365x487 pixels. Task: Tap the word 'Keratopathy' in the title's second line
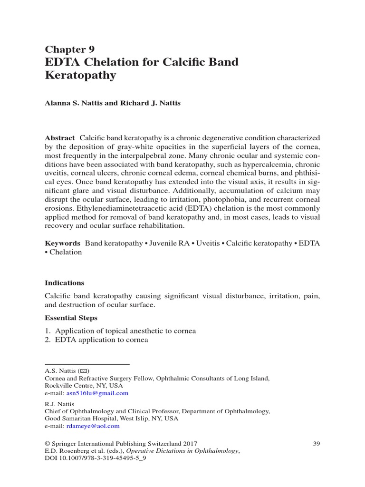[x=80, y=76]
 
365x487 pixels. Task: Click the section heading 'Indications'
[x=64, y=282]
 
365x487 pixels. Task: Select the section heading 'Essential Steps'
[x=71, y=318]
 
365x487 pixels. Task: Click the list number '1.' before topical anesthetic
[x=48, y=331]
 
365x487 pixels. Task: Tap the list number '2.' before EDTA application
[x=48, y=340]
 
